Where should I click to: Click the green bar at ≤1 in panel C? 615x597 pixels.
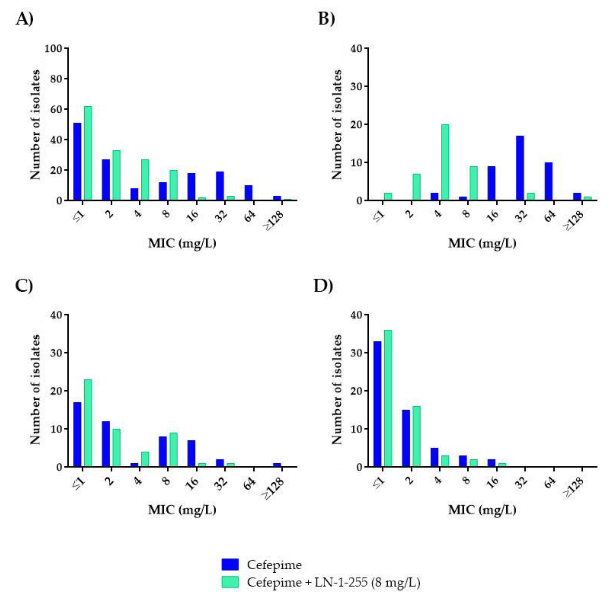pos(88,423)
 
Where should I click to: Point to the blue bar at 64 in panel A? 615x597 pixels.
pos(248,193)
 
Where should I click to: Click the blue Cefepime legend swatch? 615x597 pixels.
pos(230,564)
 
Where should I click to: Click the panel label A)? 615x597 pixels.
pos(24,19)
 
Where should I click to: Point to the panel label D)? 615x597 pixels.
pos(323,286)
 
